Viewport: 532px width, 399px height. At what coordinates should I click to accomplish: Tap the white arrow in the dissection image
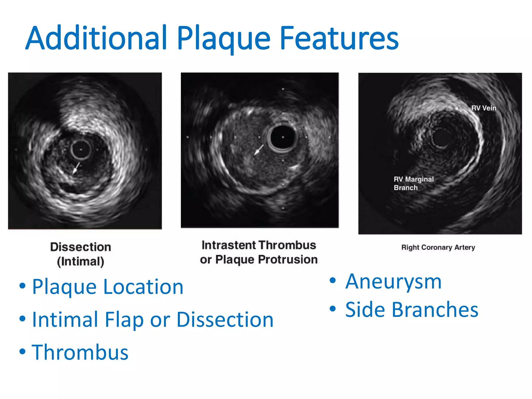point(76,168)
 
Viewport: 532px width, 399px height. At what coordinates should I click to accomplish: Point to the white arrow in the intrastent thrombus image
point(259,150)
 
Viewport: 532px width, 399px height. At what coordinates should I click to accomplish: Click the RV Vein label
point(484,108)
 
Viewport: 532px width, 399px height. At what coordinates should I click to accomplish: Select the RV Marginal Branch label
point(414,183)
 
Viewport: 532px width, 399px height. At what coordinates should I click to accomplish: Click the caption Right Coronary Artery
point(438,247)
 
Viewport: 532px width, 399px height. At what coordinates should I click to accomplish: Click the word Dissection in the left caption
point(81,247)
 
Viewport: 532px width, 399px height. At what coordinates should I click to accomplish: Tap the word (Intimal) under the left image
point(81,261)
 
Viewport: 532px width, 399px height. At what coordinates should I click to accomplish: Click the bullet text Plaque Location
point(108,287)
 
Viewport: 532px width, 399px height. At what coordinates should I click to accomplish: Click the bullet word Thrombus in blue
point(80,352)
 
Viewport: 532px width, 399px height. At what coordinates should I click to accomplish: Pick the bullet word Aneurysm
point(393,282)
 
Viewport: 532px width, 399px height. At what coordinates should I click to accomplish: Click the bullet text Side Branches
point(411,310)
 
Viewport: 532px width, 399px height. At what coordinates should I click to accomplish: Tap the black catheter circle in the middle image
point(283,137)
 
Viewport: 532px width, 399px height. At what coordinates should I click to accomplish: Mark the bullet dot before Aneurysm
point(333,281)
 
